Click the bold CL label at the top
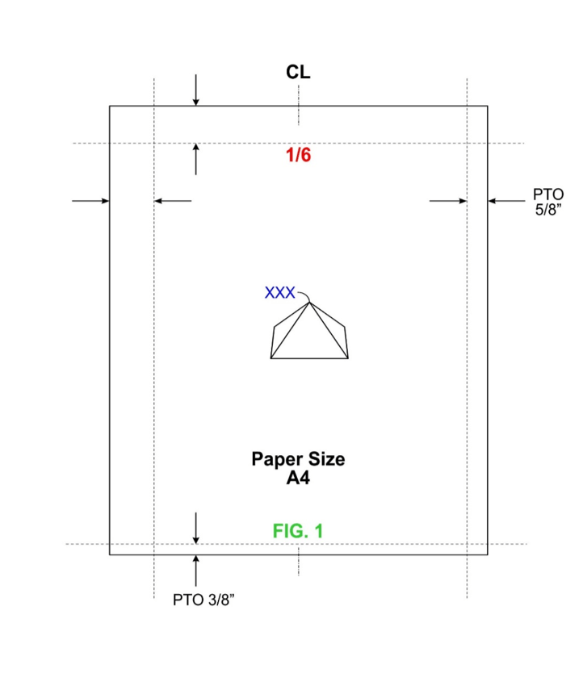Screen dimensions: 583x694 [x=298, y=72]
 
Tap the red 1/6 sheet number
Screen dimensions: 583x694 [x=298, y=155]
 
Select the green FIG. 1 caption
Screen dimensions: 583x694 [x=298, y=531]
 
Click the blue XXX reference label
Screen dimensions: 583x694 [x=279, y=293]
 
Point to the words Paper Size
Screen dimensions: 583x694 [x=298, y=459]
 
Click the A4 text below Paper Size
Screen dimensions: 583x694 [x=298, y=478]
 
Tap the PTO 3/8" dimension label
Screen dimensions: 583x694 [x=203, y=600]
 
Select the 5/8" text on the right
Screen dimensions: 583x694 [x=548, y=209]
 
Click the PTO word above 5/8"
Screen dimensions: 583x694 [x=548, y=194]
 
